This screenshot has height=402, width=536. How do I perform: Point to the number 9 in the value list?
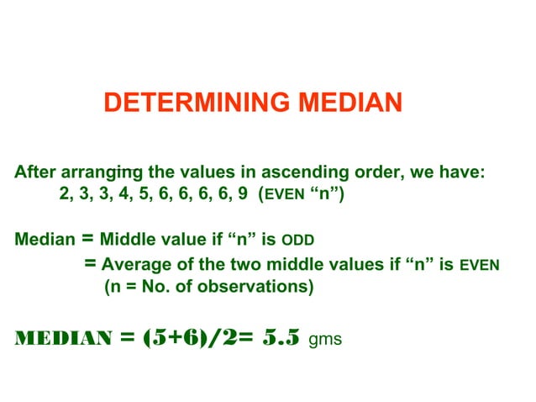[243, 194]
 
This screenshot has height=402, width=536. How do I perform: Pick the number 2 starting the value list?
[65, 194]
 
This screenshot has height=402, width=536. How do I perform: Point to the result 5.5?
[281, 338]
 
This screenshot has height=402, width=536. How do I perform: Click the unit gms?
[326, 341]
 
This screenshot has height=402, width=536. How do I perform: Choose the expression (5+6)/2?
[190, 338]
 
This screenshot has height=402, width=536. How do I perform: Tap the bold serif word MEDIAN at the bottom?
[63, 339]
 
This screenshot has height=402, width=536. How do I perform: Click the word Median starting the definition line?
[44, 240]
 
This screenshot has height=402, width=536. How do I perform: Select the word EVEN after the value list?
[285, 196]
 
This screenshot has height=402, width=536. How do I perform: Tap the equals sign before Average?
[92, 264]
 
